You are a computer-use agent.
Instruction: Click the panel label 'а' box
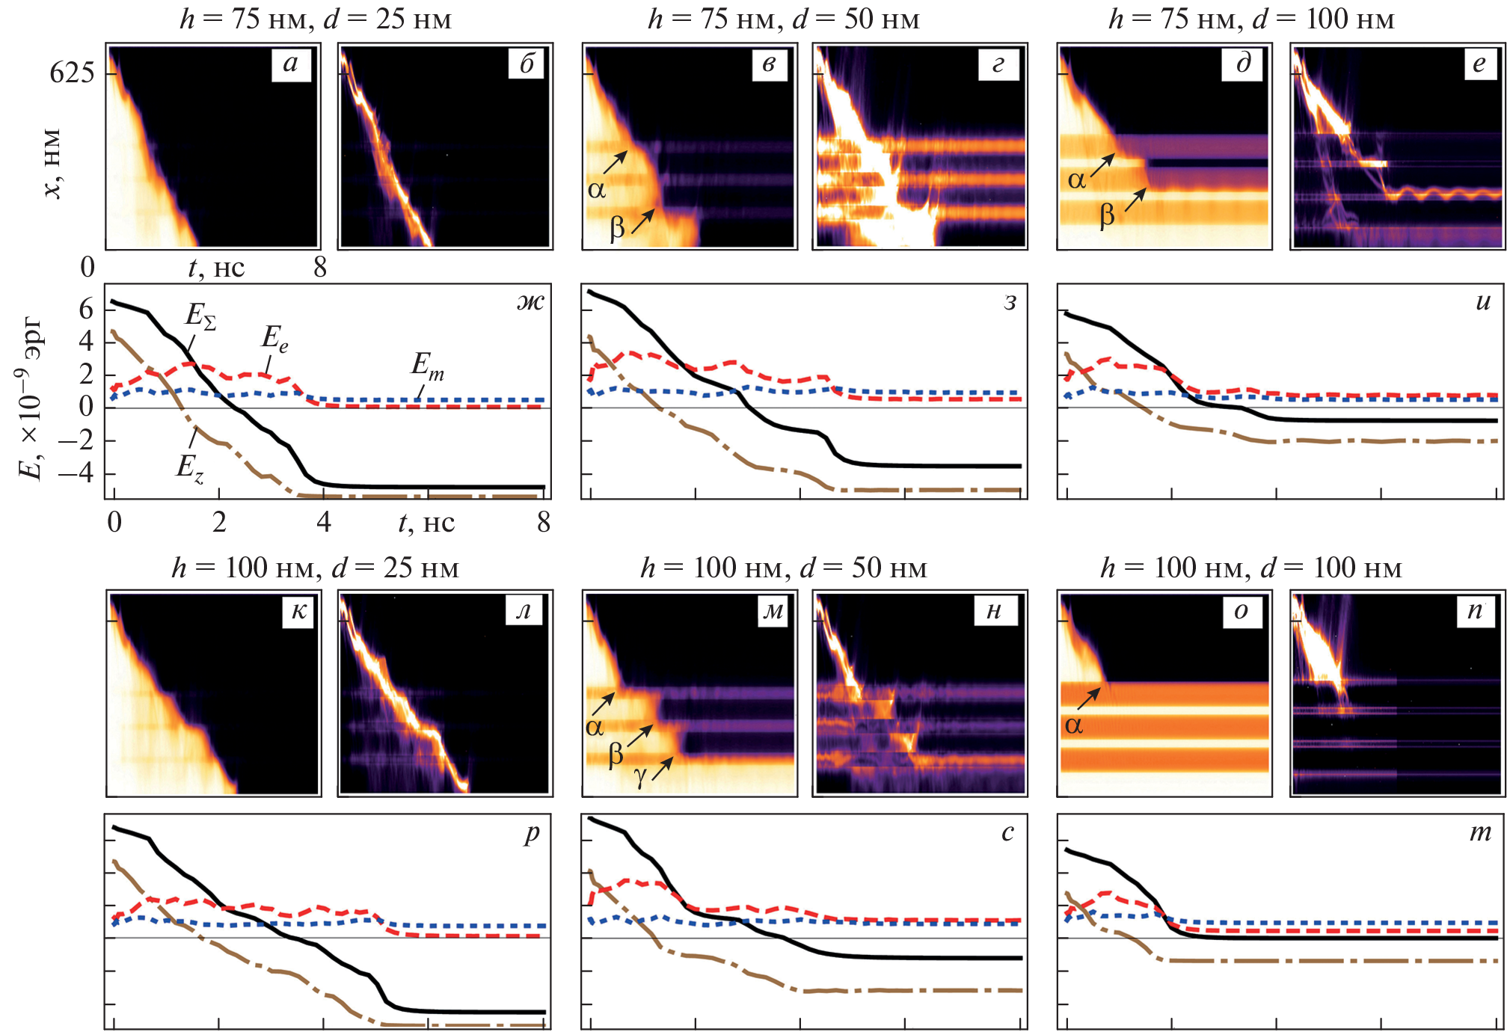coord(291,63)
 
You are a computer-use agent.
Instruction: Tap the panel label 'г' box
coord(998,64)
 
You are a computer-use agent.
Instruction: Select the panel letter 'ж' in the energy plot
coord(530,301)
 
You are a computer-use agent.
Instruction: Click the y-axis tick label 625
coord(72,73)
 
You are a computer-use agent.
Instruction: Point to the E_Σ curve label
coord(200,316)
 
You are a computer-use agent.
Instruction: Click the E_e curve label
coord(274,339)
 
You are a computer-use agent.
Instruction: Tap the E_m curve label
coord(427,366)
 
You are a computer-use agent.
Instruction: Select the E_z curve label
coord(189,468)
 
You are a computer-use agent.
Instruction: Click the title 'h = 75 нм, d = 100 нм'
coord(1251,19)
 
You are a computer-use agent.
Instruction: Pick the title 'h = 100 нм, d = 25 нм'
coord(315,568)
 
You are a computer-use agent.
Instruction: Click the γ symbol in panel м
coord(640,778)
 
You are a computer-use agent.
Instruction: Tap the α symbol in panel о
coord(1074,725)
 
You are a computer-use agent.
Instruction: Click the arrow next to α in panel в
coord(616,162)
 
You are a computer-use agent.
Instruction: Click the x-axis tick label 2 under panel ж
coord(219,522)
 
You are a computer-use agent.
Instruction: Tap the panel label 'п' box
coord(1473,610)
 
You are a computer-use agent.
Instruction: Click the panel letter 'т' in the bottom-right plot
coord(1480,832)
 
